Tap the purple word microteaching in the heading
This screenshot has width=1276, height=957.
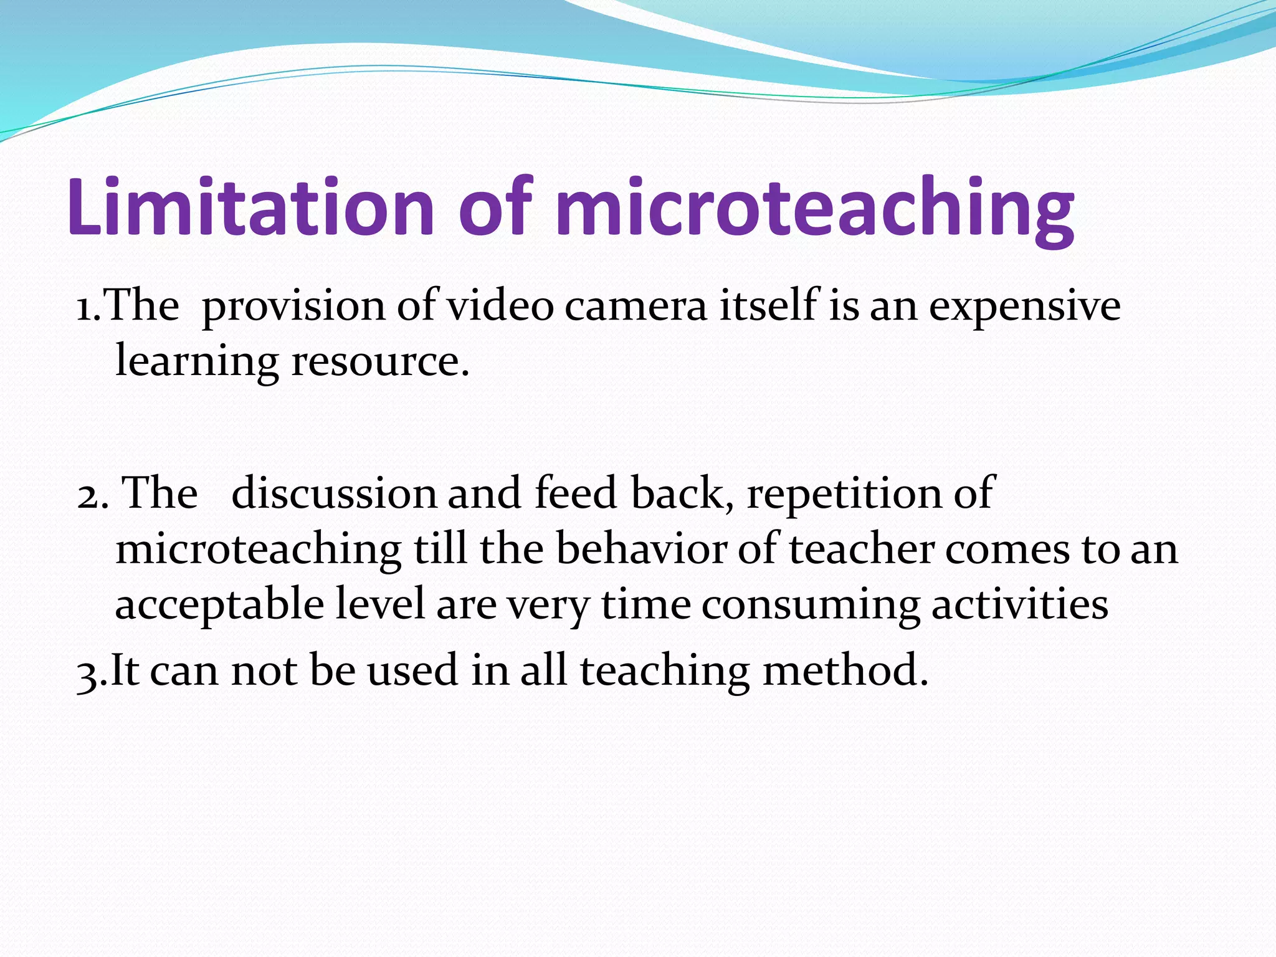tap(816, 209)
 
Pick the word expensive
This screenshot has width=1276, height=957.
tap(1025, 307)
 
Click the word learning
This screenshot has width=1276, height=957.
tap(197, 361)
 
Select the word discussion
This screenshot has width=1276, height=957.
tap(334, 493)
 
